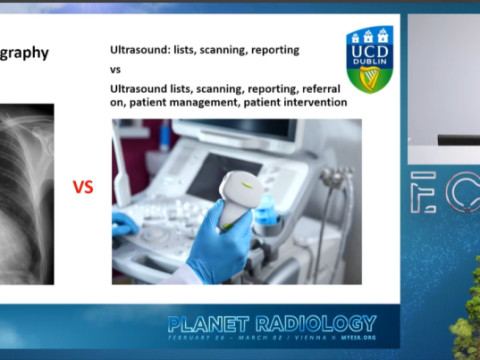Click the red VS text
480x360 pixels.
pyautogui.click(x=84, y=187)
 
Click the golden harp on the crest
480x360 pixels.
pyautogui.click(x=370, y=76)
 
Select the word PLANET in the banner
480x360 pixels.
pyautogui.click(x=210, y=323)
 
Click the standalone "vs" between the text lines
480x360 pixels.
pyautogui.click(x=115, y=71)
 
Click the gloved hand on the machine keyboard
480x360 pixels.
pyautogui.click(x=124, y=225)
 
